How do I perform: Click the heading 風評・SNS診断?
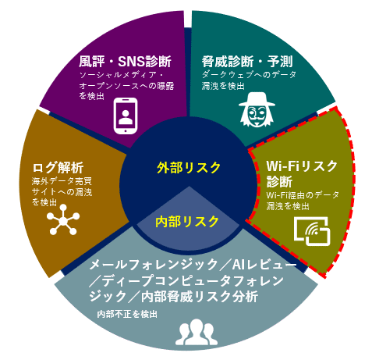125,62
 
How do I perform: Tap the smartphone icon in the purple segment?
126,116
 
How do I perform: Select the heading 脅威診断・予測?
247,62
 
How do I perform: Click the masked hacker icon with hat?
257,109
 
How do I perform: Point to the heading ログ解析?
58,168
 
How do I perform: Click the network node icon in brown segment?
63,219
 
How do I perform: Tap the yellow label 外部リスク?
189,168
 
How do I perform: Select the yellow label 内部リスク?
187,222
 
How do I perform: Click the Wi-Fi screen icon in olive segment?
312,231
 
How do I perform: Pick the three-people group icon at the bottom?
197,332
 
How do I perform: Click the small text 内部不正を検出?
127,314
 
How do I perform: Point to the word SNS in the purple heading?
131,62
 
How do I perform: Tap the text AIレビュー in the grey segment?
264,265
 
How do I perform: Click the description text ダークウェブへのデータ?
249,75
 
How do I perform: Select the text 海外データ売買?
62,181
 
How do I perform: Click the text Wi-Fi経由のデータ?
303,195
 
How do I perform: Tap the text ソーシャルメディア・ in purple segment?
122,75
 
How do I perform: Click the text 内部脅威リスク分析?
200,297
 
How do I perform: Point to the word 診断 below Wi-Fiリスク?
279,182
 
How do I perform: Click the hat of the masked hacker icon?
257,100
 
